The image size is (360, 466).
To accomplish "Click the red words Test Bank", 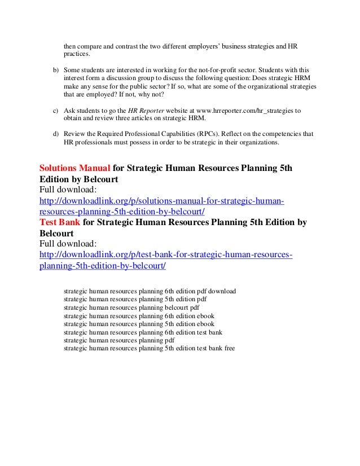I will coord(60,223).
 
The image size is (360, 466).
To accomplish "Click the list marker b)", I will coord(55,68).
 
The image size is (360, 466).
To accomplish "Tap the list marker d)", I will coord(55,134).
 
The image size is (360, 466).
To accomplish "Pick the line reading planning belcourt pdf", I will coord(131,307).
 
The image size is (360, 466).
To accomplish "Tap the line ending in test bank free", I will coord(149,348).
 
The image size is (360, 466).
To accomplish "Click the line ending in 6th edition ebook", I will coord(139,316).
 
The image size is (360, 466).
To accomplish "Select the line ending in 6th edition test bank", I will coord(143,332).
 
